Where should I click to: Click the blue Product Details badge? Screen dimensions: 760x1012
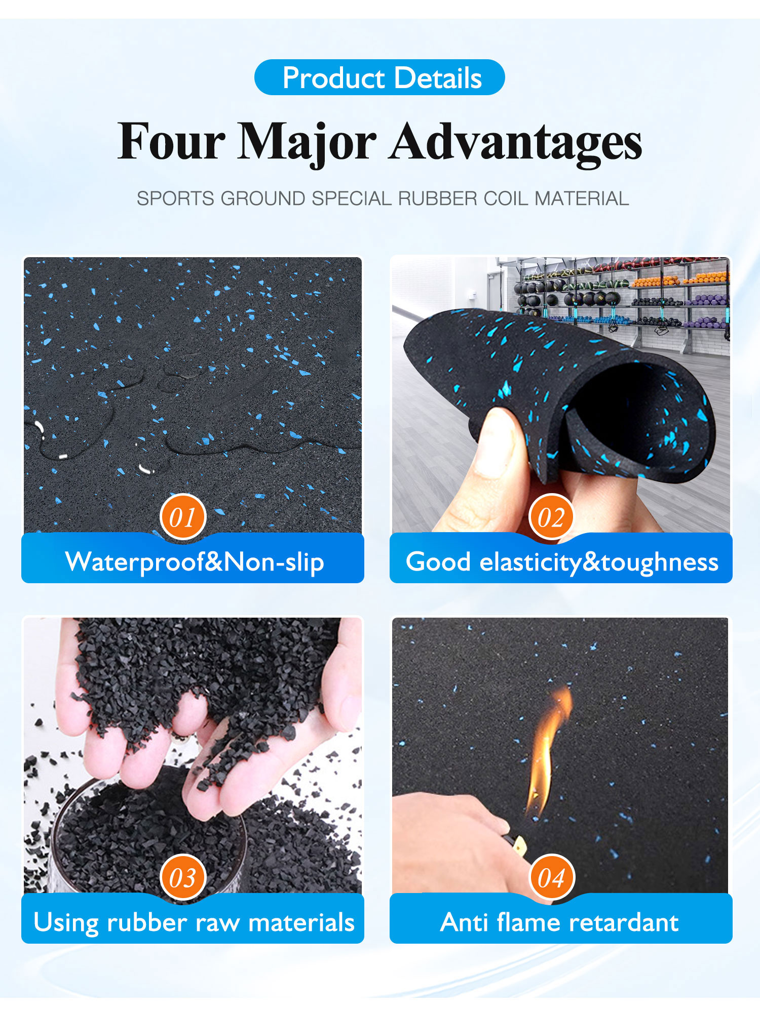point(379,77)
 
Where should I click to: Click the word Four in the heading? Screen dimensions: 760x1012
point(171,141)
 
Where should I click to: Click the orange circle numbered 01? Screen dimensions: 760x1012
point(182,517)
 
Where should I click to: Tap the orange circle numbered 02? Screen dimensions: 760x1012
point(551,517)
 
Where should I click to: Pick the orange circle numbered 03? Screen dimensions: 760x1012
point(182,878)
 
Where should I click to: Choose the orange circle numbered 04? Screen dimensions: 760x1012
point(551,878)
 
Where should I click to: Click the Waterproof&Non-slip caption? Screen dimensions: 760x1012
point(195,562)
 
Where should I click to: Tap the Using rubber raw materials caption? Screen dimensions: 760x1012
point(194,923)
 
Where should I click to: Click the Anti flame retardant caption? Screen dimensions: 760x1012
point(559,922)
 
